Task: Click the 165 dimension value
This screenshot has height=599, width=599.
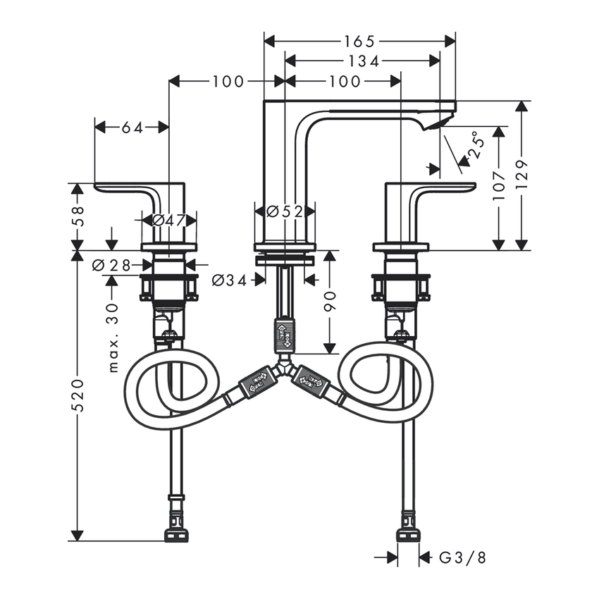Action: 359,41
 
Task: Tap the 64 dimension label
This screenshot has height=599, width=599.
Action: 131,128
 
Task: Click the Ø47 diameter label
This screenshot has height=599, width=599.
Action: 169,220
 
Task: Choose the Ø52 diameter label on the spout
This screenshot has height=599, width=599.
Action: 285,211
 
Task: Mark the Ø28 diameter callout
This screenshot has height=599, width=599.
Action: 112,265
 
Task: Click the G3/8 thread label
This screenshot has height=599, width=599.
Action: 462,558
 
